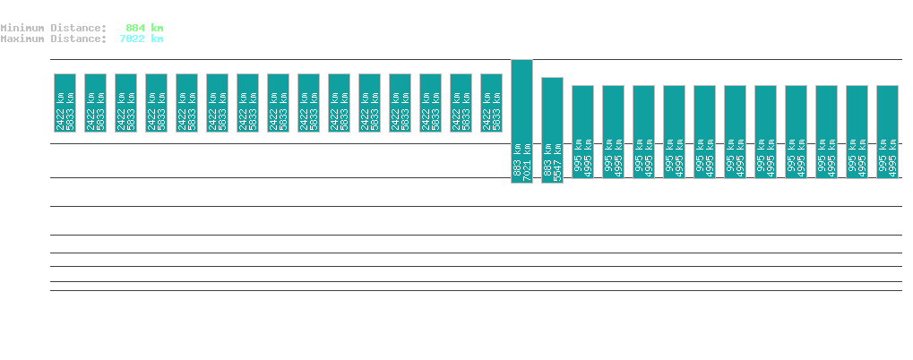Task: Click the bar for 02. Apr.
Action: pyautogui.click(x=521, y=121)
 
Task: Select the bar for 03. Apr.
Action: pyautogui.click(x=552, y=130)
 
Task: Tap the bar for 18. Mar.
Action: pyautogui.click(x=65, y=103)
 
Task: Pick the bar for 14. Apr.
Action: pyautogui.click(x=887, y=132)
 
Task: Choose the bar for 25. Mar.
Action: pyautogui.click(x=278, y=103)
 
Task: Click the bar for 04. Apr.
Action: pyautogui.click(x=582, y=132)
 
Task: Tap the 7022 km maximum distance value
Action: pyautogui.click(x=142, y=39)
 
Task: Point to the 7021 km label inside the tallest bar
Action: pyautogui.click(x=528, y=162)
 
